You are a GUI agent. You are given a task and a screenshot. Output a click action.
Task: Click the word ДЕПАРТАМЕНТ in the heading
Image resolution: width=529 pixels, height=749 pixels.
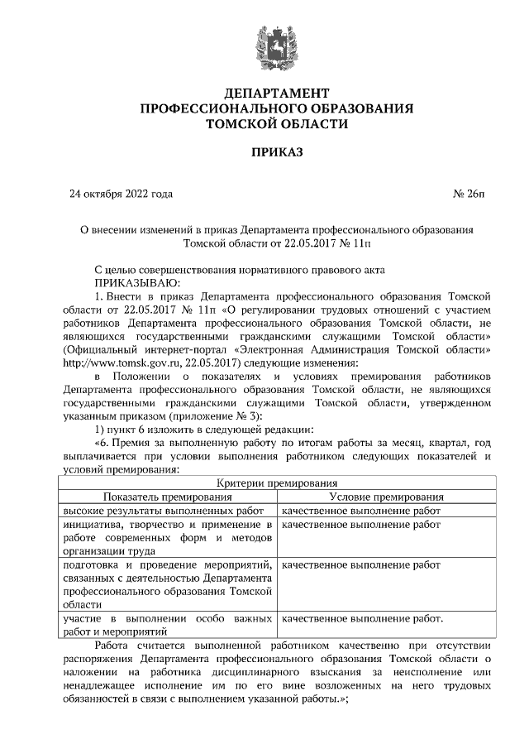click(x=264, y=94)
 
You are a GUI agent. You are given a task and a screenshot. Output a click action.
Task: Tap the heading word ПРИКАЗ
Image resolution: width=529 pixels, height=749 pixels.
click(x=264, y=152)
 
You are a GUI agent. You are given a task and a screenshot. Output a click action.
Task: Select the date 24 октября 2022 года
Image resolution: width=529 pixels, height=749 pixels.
click(x=122, y=195)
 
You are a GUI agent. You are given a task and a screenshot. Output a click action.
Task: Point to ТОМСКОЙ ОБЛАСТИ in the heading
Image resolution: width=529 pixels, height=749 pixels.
click(x=264, y=124)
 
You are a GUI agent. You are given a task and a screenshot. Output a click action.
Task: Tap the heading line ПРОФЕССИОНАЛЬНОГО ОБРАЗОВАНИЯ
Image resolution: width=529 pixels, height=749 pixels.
click(x=264, y=108)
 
